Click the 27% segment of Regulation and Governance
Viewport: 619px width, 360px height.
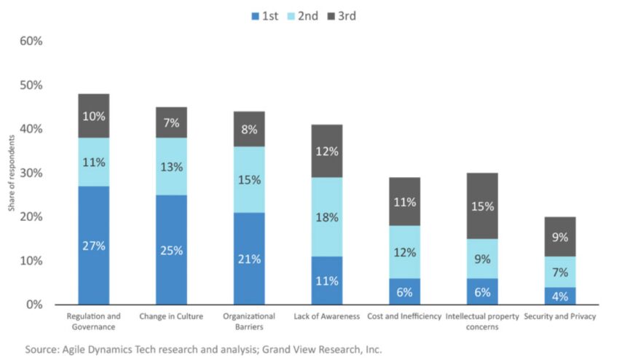point(93,246)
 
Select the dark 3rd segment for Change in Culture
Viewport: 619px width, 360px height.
point(171,123)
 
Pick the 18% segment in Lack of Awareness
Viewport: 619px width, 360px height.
point(327,218)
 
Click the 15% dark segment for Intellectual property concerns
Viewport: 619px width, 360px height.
point(483,206)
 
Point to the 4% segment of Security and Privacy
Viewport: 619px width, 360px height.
point(560,296)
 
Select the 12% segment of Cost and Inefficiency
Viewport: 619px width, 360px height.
point(405,252)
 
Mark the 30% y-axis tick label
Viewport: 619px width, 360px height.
point(30,173)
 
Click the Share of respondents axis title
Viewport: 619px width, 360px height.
point(11,173)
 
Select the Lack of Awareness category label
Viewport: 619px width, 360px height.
point(327,316)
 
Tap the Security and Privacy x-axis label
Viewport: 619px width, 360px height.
point(560,316)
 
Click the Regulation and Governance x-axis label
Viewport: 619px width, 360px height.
point(93,321)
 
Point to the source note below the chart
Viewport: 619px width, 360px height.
point(203,349)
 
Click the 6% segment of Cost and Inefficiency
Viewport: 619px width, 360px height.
point(405,291)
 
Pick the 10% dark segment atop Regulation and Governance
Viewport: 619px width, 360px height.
point(93,116)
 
